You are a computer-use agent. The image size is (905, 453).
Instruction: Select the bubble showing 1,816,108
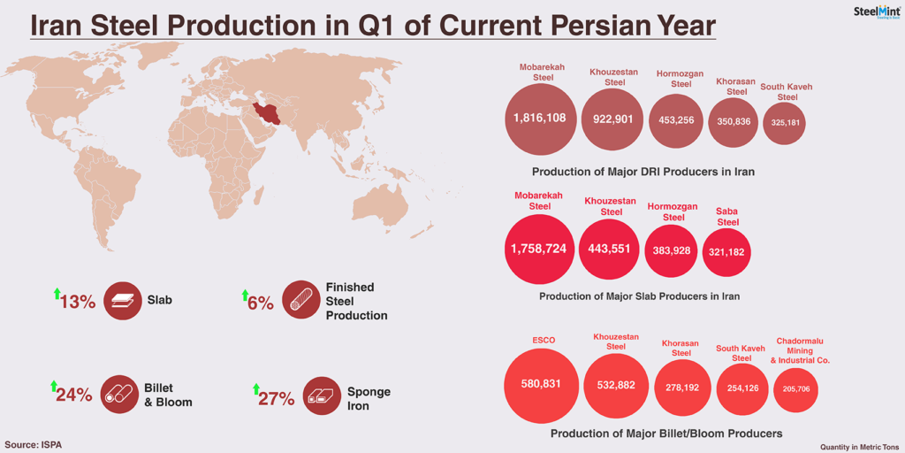click(540, 119)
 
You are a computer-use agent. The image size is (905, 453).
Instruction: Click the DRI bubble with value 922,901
click(614, 119)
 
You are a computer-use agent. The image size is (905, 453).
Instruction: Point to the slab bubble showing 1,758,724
click(539, 249)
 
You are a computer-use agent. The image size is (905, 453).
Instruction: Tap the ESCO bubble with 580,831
click(540, 385)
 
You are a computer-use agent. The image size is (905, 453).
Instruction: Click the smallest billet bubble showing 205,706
click(796, 389)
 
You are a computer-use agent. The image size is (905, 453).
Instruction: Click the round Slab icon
click(123, 301)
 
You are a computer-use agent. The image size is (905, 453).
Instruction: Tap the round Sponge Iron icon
click(322, 396)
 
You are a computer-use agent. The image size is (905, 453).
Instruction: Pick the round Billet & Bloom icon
click(118, 395)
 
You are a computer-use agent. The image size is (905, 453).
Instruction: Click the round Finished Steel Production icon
click(301, 300)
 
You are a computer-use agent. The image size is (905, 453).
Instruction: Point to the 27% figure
click(277, 399)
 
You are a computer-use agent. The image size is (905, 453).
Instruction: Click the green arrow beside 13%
click(57, 294)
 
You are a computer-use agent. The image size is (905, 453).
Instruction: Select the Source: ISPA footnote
click(34, 444)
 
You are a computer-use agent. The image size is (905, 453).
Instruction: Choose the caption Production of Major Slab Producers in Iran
click(640, 296)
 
